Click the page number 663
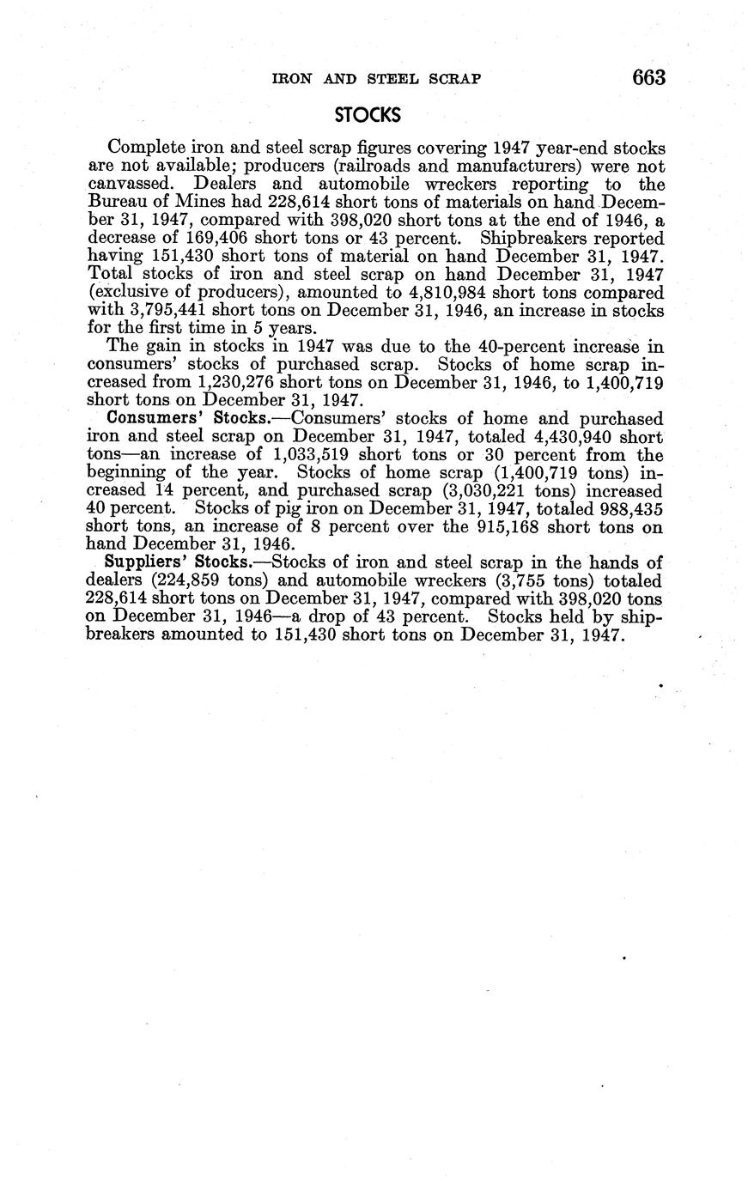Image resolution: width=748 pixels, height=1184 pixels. [648, 77]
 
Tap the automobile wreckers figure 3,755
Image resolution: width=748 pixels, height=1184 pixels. [516, 580]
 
